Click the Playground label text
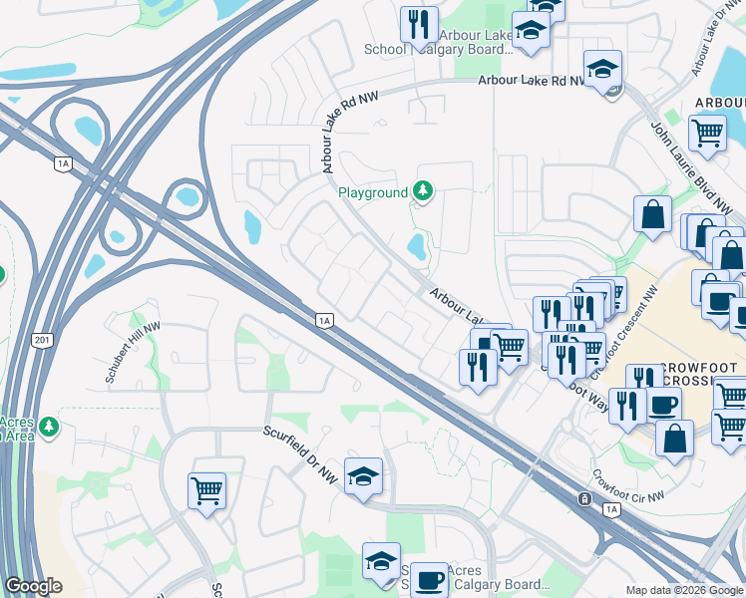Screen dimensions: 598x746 (373, 192)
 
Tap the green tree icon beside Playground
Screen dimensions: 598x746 (423, 190)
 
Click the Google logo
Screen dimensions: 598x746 (32, 586)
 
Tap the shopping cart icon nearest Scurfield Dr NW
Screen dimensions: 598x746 (206, 489)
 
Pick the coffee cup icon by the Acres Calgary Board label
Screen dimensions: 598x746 (430, 580)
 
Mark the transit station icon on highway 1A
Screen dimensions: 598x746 (582, 497)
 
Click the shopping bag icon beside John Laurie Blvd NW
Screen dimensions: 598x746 (652, 214)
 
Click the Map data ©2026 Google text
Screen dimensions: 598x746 (684, 590)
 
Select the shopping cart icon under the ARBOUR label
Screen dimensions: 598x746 (707, 132)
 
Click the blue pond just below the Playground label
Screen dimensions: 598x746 (418, 247)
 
